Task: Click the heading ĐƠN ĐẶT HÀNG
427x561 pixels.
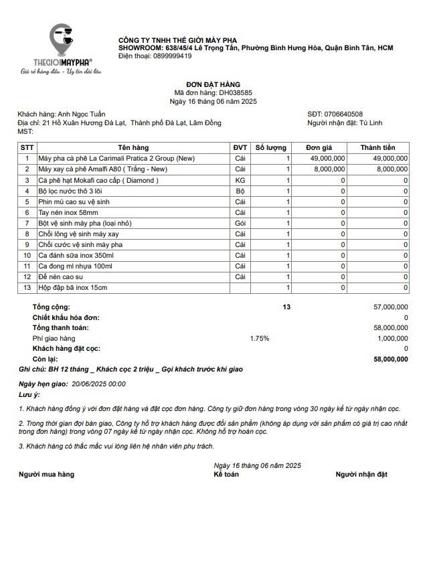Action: click(x=213, y=84)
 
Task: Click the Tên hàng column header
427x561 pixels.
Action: click(x=133, y=147)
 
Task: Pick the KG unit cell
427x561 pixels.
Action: click(x=240, y=180)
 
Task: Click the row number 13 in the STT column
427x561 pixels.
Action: click(x=27, y=287)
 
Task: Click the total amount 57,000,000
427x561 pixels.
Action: click(x=390, y=306)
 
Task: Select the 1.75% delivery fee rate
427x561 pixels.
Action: click(x=260, y=338)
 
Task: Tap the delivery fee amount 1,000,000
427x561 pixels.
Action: click(x=392, y=338)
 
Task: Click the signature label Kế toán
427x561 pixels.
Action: click(x=226, y=474)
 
